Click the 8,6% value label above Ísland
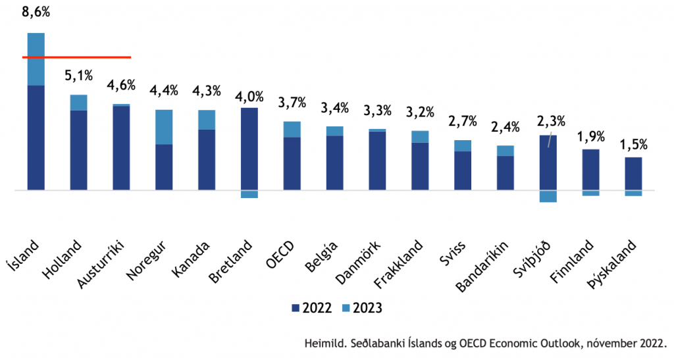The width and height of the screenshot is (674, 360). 36,11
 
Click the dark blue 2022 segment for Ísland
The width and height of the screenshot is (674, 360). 36,138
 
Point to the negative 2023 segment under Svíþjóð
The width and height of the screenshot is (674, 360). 548,196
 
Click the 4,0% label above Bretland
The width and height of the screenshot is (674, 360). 249,96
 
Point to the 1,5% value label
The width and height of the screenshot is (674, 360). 633,144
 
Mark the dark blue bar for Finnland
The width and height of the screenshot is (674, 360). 590,169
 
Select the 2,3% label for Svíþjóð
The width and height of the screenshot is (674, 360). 551,122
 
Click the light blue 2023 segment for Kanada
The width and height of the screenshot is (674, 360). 207,119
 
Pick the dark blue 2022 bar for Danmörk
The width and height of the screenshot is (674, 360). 377,161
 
